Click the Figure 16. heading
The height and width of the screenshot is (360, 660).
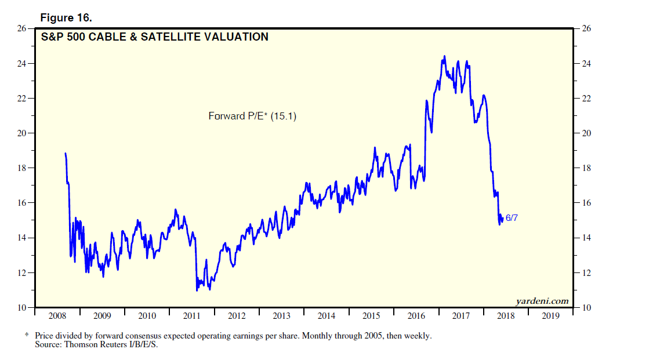click(66, 17)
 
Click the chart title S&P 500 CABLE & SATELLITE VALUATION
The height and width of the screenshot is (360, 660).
click(155, 37)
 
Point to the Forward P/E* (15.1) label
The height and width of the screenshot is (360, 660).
click(252, 116)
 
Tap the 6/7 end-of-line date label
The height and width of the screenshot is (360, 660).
click(512, 218)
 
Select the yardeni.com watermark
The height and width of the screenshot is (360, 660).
click(542, 301)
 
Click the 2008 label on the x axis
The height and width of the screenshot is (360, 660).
click(57, 316)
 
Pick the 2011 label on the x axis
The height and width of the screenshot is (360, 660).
click(192, 316)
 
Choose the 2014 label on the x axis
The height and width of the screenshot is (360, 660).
click(327, 316)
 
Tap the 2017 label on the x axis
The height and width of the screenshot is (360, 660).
click(461, 316)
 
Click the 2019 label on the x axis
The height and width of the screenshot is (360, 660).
click(550, 316)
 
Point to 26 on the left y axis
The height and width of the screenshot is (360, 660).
click(23, 28)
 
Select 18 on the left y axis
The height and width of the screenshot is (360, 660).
click(23, 168)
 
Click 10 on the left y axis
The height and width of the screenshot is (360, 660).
click(23, 307)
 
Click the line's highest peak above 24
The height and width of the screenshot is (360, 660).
click(444, 56)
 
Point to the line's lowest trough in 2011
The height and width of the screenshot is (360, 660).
click(197, 290)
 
